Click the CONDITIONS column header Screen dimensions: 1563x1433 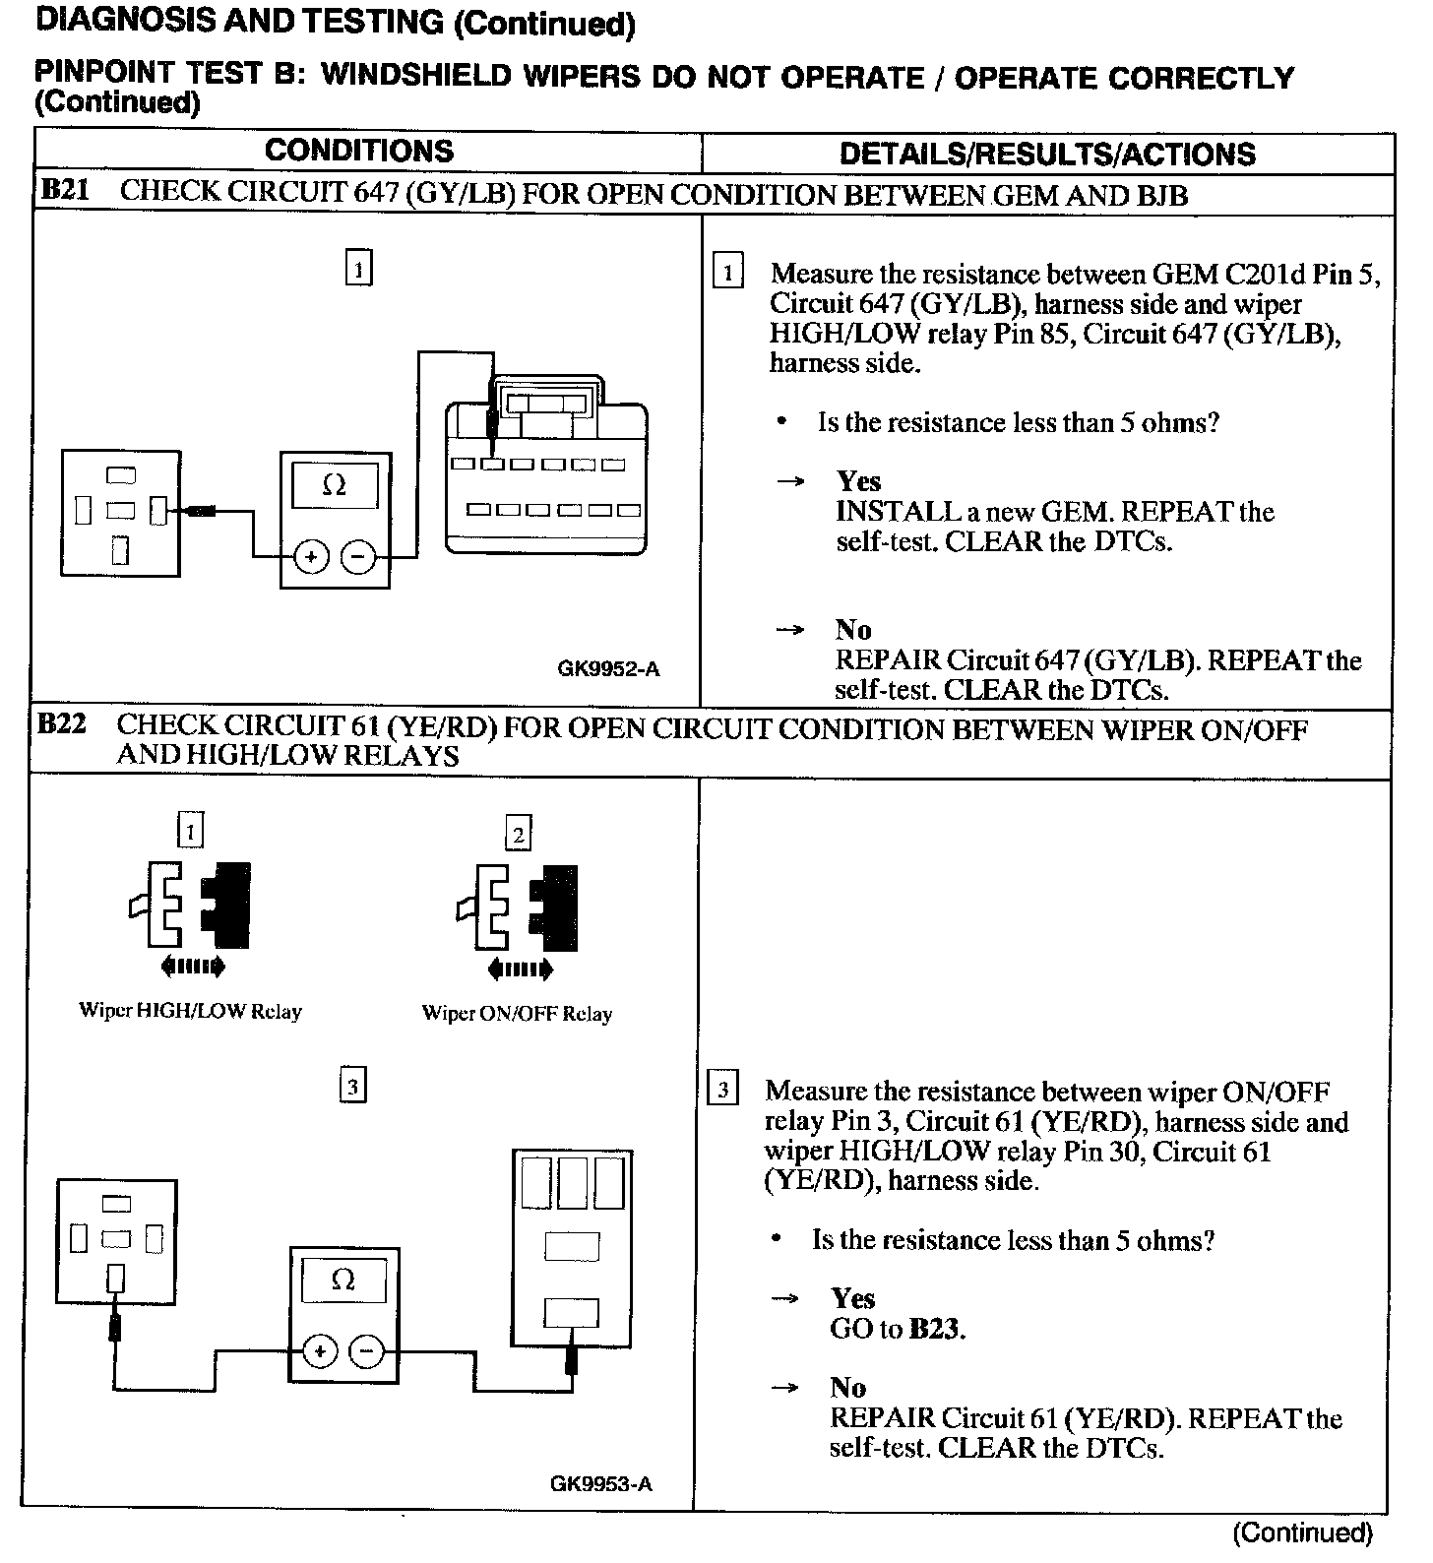click(x=359, y=151)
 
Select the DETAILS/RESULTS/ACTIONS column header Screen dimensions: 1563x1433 click(x=1047, y=154)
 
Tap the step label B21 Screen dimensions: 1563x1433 click(x=64, y=191)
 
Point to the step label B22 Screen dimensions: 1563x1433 click(x=61, y=725)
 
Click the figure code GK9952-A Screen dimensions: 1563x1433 click(x=608, y=669)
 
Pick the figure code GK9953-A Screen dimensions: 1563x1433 click(x=601, y=1483)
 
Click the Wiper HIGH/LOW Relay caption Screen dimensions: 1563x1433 click(x=190, y=1011)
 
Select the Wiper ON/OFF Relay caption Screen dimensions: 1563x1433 click(x=517, y=1013)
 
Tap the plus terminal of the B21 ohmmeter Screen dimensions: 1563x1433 click(x=312, y=557)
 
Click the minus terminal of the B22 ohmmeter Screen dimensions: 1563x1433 click(x=367, y=1352)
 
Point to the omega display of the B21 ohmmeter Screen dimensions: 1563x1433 click(x=335, y=486)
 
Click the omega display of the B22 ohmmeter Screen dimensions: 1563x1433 click(x=343, y=1280)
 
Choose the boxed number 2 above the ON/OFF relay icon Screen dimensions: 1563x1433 click(x=518, y=835)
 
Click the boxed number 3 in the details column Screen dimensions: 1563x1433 click(x=723, y=1090)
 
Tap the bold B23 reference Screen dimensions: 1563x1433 click(x=935, y=1329)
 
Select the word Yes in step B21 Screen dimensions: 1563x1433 click(x=858, y=481)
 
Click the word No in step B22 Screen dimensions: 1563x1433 click(x=847, y=1388)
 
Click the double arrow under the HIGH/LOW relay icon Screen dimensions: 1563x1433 click(x=192, y=966)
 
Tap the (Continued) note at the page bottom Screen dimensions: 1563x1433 click(x=1301, y=1532)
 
